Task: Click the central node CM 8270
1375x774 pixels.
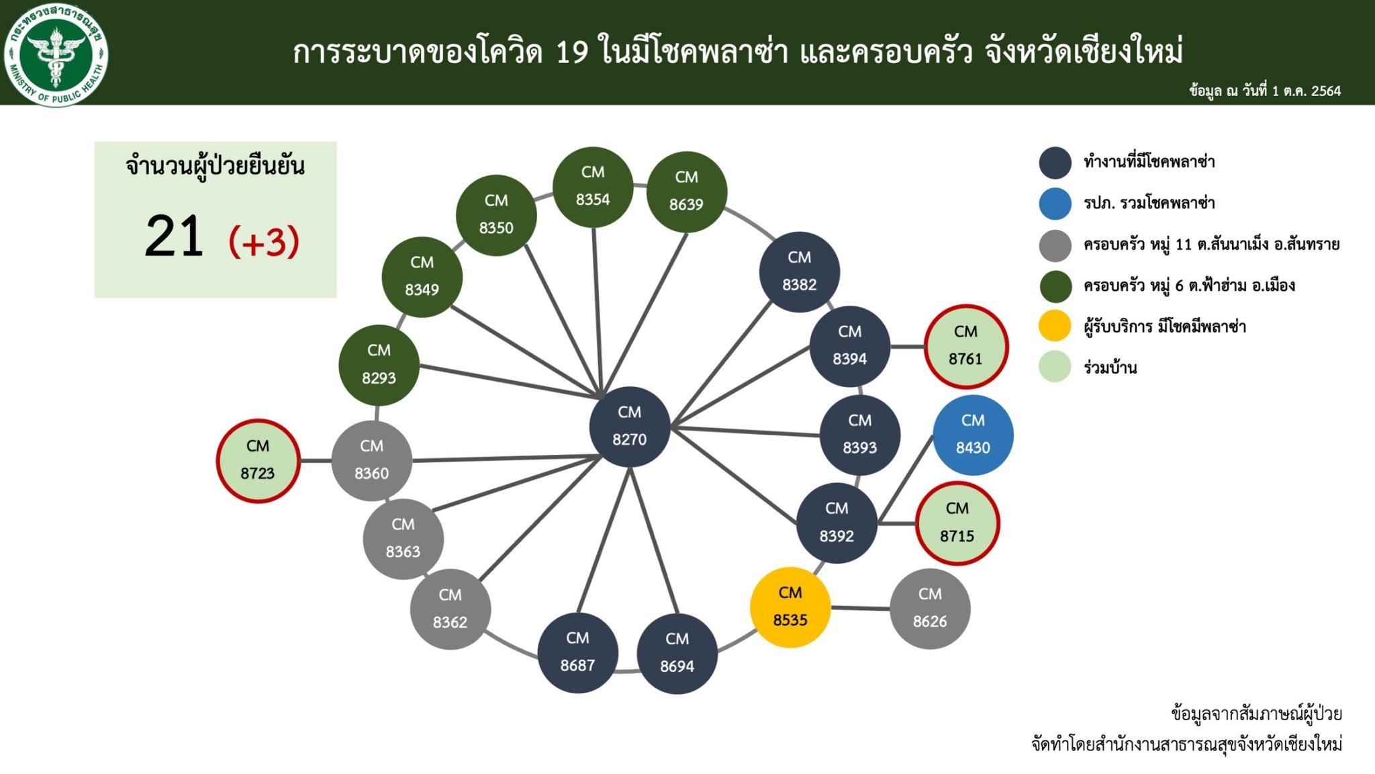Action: tap(629, 427)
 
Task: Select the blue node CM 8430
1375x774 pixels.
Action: tap(973, 435)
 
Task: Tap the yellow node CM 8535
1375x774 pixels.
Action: tap(790, 607)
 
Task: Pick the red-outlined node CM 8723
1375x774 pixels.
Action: tap(258, 460)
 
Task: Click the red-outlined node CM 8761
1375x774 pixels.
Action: tap(965, 346)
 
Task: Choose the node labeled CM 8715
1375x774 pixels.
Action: tap(957, 523)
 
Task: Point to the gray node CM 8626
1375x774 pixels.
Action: tap(930, 609)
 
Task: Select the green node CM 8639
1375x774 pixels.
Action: tap(686, 191)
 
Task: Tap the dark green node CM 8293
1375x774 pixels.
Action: tap(379, 365)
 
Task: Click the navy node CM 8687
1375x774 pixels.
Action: tap(577, 652)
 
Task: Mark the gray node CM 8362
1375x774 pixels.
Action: tap(450, 609)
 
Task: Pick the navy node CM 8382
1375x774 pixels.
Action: tap(799, 271)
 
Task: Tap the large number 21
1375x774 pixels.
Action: tap(174, 236)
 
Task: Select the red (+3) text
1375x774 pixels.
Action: tap(264, 242)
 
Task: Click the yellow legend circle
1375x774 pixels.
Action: tap(1055, 326)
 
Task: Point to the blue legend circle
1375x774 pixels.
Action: tap(1055, 204)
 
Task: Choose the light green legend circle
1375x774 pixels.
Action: tap(1055, 367)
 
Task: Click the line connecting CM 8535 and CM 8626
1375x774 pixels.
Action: tap(860, 608)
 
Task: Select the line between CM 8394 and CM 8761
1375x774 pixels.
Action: tap(907, 347)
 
